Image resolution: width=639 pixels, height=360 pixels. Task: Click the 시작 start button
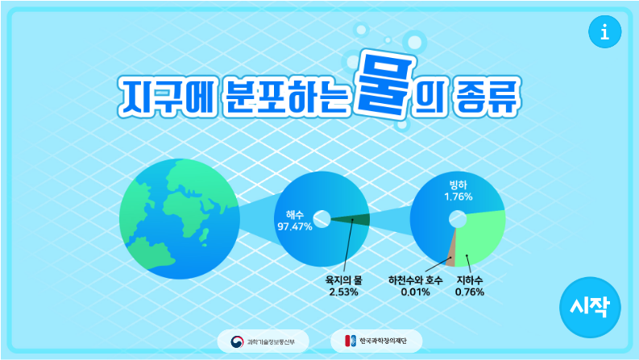(x=590, y=306)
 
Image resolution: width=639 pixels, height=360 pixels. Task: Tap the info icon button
(x=604, y=32)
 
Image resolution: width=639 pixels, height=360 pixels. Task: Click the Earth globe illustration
(x=174, y=219)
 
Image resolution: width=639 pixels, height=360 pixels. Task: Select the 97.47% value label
(x=294, y=226)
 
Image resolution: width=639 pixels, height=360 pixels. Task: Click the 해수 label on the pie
(x=295, y=215)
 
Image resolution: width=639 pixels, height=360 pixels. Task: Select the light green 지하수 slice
(x=483, y=238)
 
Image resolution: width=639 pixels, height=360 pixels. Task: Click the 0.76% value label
(x=470, y=292)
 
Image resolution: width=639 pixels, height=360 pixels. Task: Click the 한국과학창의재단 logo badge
(x=376, y=340)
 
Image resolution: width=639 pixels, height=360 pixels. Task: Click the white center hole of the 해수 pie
(x=322, y=217)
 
